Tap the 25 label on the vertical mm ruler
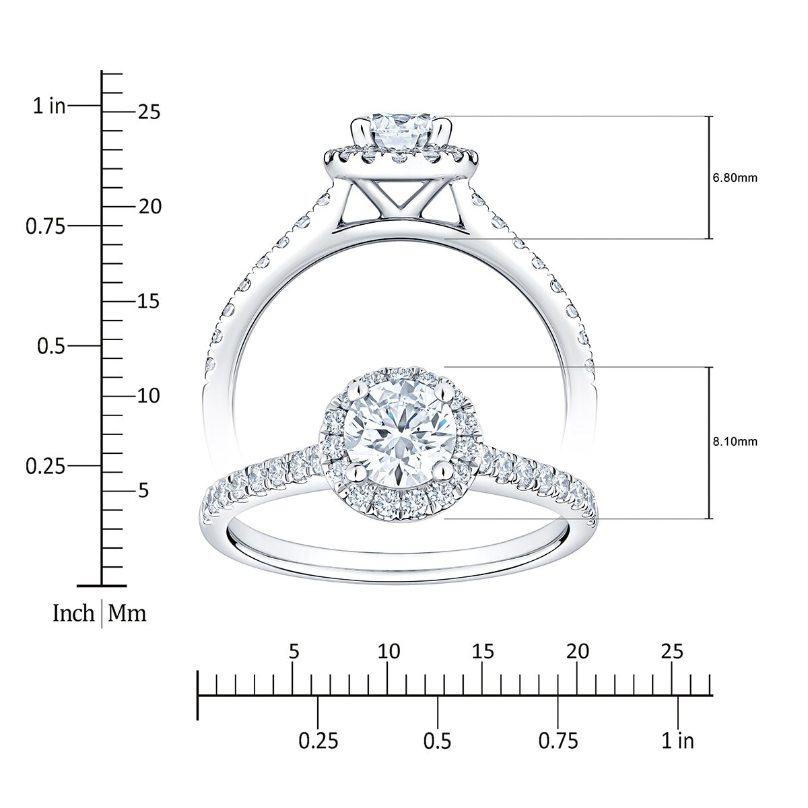(149, 112)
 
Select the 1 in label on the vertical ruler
(49, 106)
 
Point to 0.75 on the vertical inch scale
(45, 226)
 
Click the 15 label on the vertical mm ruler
(149, 301)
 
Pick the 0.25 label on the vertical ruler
(45, 466)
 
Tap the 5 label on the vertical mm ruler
(143, 491)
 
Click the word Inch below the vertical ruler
(73, 613)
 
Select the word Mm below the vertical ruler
(127, 613)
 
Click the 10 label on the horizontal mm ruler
(389, 651)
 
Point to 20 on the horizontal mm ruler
(577, 651)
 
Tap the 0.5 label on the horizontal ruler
(438, 741)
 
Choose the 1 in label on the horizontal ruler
(677, 741)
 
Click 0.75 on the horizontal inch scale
(558, 741)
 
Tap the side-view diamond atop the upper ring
(402, 133)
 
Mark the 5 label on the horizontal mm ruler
(293, 651)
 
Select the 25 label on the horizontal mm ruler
(671, 651)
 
